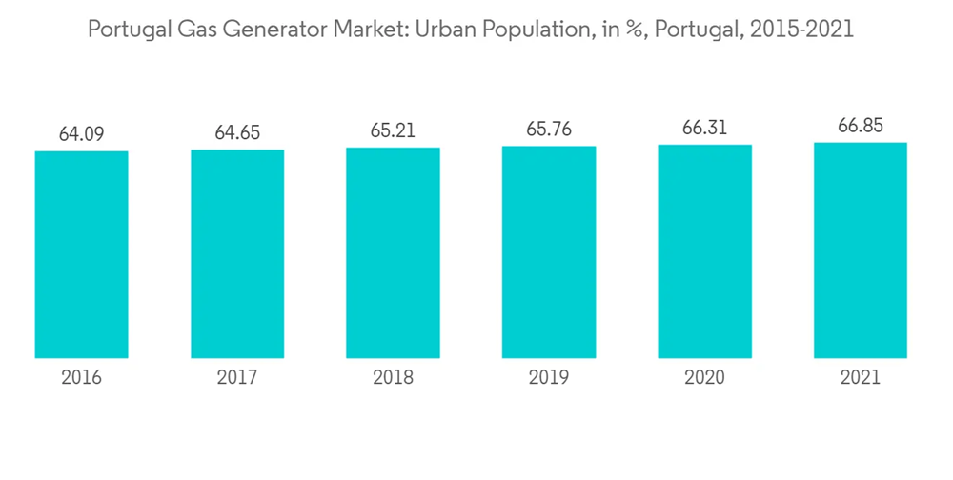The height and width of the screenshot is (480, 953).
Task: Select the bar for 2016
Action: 81,255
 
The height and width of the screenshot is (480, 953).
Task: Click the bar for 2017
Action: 237,254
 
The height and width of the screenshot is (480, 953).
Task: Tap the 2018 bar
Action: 393,253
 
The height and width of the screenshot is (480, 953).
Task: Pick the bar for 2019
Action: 549,252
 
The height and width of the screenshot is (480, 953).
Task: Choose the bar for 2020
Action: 704,251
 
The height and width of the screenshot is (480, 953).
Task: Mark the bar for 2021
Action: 860,250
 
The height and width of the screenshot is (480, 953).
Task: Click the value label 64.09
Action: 81,134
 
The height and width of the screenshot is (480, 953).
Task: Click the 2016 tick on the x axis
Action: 81,378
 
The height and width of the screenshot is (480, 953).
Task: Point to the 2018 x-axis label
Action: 393,378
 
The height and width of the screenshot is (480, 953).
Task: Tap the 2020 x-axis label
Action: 704,378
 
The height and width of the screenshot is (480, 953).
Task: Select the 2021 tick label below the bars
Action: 860,378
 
